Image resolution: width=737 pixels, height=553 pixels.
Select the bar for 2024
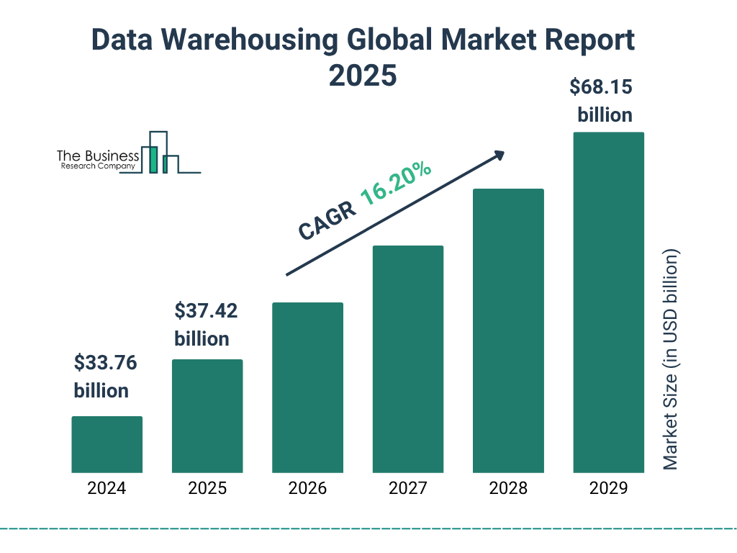point(107,444)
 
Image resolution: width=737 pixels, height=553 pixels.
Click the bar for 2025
point(207,415)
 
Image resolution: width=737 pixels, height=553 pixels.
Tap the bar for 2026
point(307,387)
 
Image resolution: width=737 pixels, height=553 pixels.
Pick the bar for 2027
point(407,359)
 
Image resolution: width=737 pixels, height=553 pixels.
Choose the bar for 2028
point(508,331)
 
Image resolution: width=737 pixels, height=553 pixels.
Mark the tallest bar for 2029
point(608,302)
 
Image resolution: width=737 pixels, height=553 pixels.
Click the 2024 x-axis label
point(107,488)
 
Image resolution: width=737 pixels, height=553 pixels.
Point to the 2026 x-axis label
point(307,488)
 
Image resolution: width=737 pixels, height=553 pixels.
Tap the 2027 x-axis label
point(407,488)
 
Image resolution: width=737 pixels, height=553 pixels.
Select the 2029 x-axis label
point(608,488)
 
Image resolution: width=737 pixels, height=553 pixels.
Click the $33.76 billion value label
point(105,377)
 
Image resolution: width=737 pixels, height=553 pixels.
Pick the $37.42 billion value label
point(206,325)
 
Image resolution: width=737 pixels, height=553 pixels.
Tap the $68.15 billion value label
point(601,101)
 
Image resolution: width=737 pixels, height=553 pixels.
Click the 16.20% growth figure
point(396,184)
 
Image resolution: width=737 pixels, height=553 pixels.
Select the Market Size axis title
point(671,360)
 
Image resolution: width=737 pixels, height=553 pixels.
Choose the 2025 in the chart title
point(363,75)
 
